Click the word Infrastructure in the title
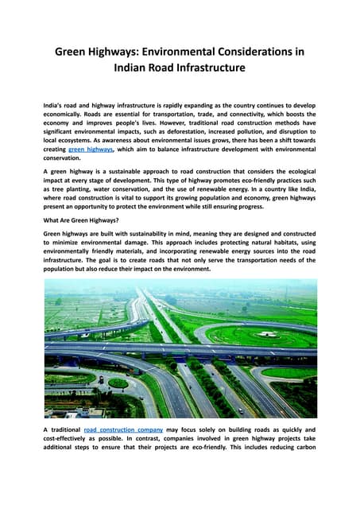click(199, 68)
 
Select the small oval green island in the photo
click(118, 383)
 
